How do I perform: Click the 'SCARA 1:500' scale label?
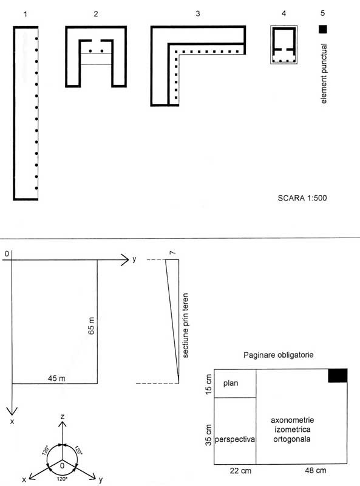(302, 198)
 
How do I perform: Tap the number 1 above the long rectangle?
(25, 14)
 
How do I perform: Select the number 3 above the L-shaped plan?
(198, 13)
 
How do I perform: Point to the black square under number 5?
(323, 29)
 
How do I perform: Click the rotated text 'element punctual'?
(324, 74)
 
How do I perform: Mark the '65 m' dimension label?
(92, 326)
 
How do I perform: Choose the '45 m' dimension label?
(56, 378)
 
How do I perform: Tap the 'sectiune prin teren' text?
(186, 326)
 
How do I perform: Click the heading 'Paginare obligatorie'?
(278, 355)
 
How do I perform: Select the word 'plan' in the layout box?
(231, 383)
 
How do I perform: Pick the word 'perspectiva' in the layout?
(235, 439)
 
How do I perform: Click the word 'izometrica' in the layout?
(292, 430)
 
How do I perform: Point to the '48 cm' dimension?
(316, 470)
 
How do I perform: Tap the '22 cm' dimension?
(240, 471)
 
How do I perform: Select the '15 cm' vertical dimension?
(209, 385)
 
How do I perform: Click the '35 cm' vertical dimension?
(209, 435)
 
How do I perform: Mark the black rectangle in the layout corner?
(338, 375)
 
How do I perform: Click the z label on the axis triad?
(63, 416)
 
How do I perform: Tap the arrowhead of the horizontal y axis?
(124, 260)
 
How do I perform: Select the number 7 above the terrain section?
(172, 253)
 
